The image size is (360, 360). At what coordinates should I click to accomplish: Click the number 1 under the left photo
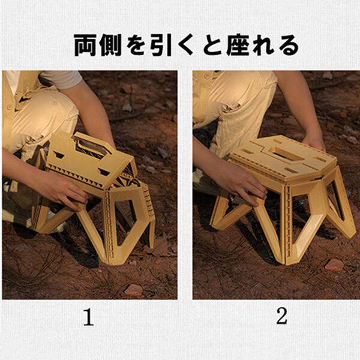coord(88,317)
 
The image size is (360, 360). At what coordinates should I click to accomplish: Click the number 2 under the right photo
coord(282,316)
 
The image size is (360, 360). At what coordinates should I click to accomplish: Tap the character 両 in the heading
coord(85,45)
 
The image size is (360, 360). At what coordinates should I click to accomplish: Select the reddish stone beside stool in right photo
coord(334,265)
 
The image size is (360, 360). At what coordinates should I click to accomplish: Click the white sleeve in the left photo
coord(62,80)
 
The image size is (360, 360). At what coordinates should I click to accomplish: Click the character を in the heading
coord(136,46)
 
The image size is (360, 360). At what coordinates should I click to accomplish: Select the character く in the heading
coord(186,45)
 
